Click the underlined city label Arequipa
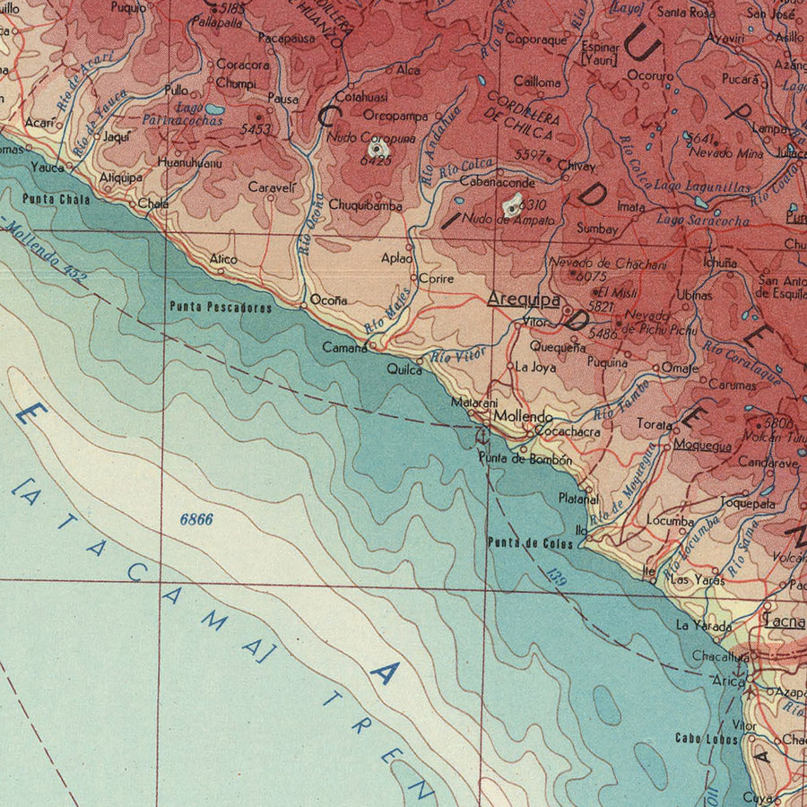524,299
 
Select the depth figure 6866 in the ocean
195,519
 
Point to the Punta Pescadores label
221,308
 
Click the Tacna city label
784,619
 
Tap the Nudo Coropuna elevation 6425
377,161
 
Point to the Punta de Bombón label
525,459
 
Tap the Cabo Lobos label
707,739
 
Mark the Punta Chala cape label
56,199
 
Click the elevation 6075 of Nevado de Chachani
593,277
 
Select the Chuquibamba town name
365,205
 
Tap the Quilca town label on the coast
404,369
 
